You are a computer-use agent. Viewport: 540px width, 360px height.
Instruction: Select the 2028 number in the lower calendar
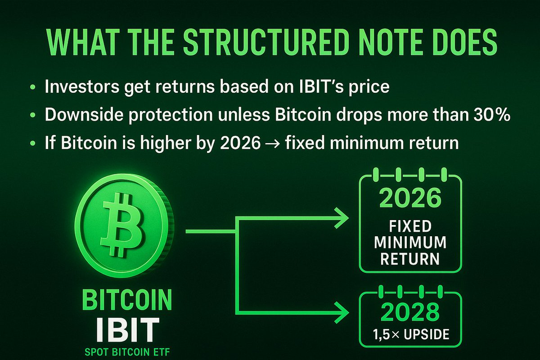click(409, 311)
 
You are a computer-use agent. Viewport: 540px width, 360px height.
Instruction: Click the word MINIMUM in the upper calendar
click(409, 242)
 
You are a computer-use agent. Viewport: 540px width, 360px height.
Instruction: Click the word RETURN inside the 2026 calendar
click(409, 258)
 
